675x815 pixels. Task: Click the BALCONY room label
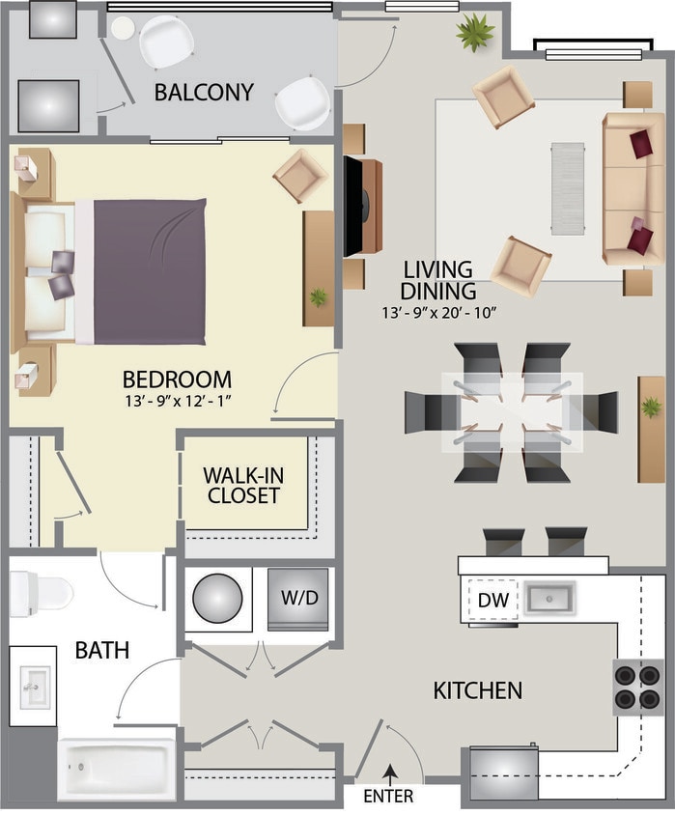(x=204, y=93)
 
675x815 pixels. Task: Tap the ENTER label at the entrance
(x=388, y=797)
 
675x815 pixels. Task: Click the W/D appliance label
(x=298, y=598)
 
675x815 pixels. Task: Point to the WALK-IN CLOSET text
(x=241, y=486)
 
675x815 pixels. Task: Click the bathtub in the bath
(x=117, y=769)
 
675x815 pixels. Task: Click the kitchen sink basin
(x=549, y=597)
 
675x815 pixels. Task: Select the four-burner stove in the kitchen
(x=637, y=687)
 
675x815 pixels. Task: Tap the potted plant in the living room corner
(x=474, y=34)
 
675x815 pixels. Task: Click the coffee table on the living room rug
(x=567, y=187)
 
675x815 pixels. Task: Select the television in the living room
(x=355, y=205)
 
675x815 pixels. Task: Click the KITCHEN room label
(x=477, y=690)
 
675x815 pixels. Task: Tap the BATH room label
(x=102, y=650)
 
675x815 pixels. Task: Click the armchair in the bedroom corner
(x=300, y=175)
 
